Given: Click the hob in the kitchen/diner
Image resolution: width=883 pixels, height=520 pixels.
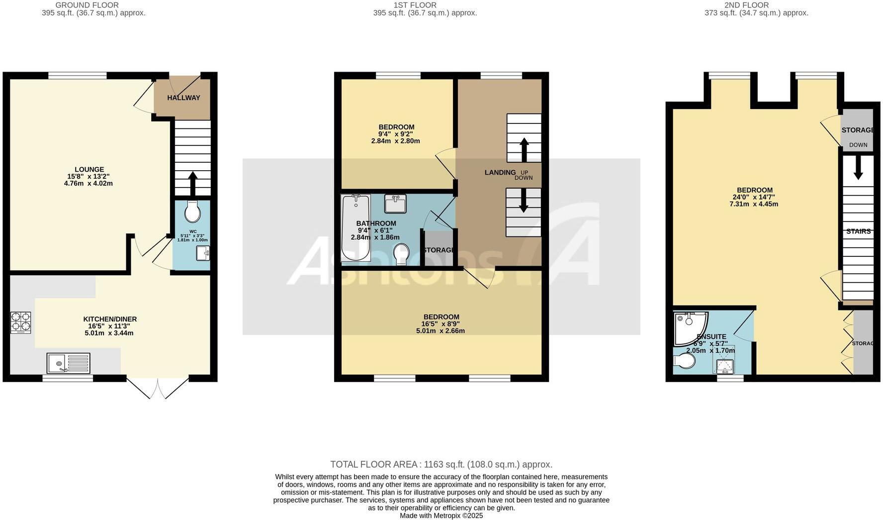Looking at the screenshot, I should pyautogui.click(x=21, y=322).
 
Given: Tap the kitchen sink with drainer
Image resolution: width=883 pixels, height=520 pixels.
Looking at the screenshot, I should pyautogui.click(x=69, y=363).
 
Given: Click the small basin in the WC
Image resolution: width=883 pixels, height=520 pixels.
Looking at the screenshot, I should pyautogui.click(x=203, y=254).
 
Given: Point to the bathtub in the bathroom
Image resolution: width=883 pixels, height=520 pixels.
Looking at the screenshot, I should pyautogui.click(x=355, y=227).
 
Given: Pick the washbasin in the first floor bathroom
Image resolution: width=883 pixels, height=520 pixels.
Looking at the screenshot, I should pyautogui.click(x=395, y=203).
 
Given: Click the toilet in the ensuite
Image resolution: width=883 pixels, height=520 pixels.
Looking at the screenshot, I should pyautogui.click(x=684, y=361).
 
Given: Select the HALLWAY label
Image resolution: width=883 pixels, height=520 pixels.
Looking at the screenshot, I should pyautogui.click(x=183, y=98).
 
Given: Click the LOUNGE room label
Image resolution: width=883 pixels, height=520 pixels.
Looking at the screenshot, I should pyautogui.click(x=89, y=170).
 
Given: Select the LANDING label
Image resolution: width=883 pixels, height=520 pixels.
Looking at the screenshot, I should pyautogui.click(x=500, y=173).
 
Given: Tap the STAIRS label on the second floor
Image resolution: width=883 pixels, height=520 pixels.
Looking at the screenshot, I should pyautogui.click(x=858, y=231).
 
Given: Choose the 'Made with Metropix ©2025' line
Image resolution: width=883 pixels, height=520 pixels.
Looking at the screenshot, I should pyautogui.click(x=441, y=516).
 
